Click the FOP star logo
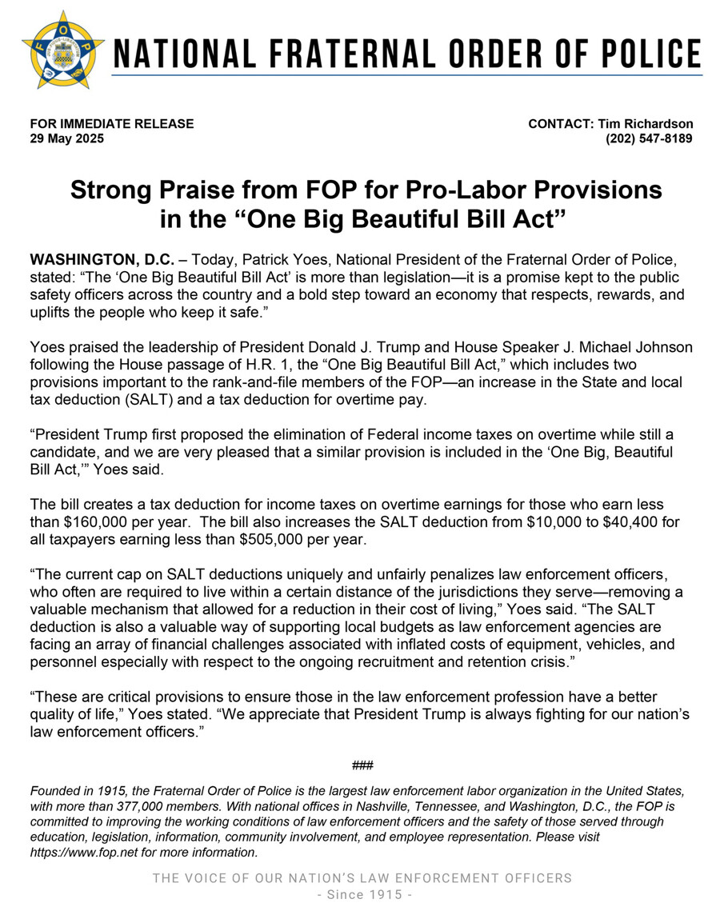(x=63, y=49)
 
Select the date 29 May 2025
(x=66, y=138)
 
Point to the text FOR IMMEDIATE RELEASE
(x=111, y=124)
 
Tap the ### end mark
(x=362, y=765)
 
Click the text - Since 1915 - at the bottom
(x=362, y=894)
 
